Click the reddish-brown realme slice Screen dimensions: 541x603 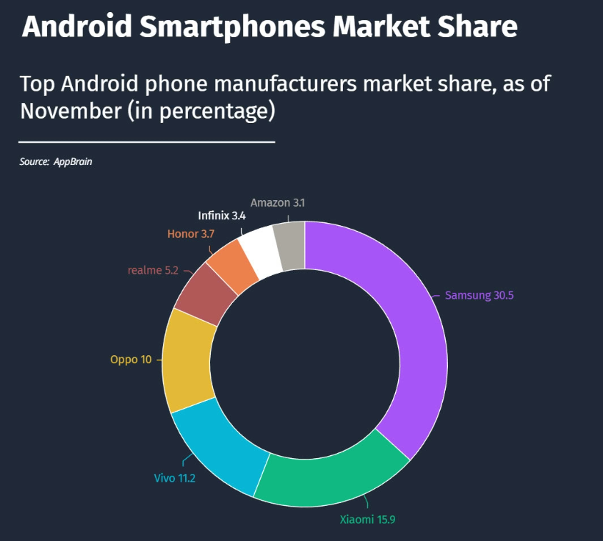(206, 293)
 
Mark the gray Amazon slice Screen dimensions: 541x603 (290, 245)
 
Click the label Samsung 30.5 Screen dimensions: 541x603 (479, 295)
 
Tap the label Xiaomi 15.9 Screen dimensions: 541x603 (367, 520)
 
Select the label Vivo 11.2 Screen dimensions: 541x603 (174, 478)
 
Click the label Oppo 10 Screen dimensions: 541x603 (131, 359)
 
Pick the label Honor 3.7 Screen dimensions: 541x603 (191, 234)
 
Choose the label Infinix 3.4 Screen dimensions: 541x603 (221, 215)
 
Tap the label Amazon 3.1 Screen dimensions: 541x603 (277, 203)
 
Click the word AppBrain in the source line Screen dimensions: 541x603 (73, 162)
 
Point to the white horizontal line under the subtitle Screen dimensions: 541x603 (146, 142)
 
